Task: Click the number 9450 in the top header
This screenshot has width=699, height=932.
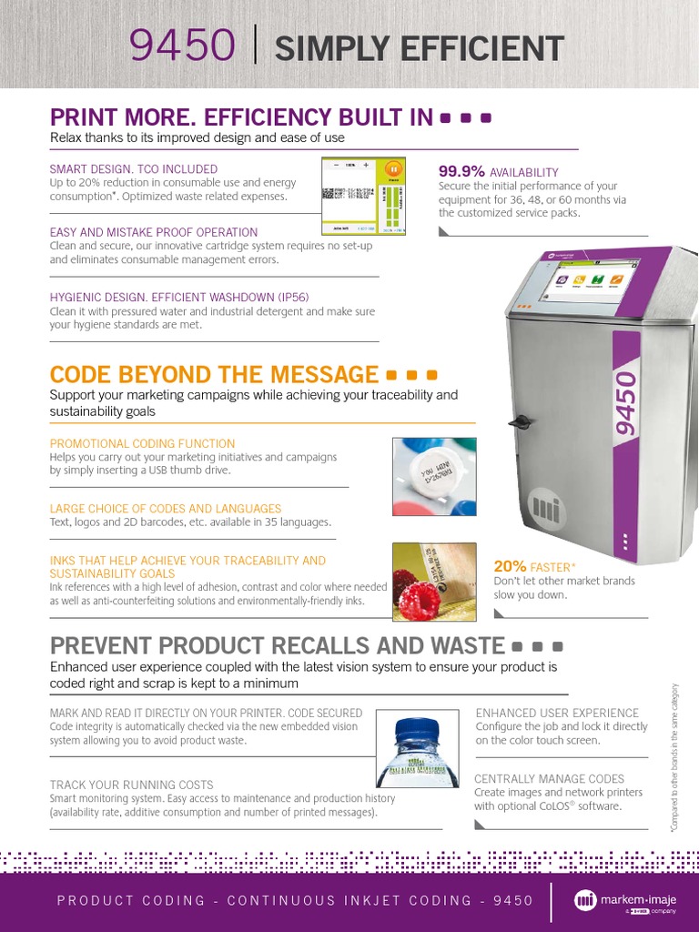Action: pos(183,46)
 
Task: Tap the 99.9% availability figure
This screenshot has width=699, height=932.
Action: pos(461,171)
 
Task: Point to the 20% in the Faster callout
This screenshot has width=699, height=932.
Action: pos(509,566)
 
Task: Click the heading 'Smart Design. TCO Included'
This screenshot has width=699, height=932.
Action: pos(134,168)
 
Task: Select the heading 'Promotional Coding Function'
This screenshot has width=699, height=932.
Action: pos(142,443)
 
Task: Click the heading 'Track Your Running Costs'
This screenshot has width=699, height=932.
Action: pos(132,785)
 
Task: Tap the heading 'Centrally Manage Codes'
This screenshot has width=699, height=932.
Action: pos(549,779)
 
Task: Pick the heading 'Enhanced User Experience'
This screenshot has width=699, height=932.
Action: pos(557,713)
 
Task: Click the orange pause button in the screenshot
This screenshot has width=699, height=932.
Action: pos(392,168)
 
